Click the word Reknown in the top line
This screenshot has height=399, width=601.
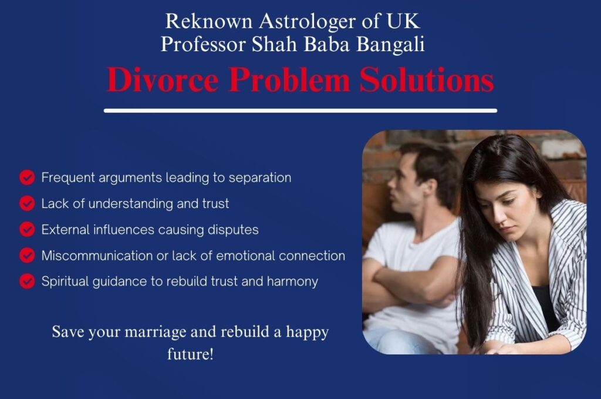[209, 21]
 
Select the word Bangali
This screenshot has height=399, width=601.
[390, 44]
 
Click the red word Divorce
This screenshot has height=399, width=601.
[163, 80]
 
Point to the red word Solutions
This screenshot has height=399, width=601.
[427, 80]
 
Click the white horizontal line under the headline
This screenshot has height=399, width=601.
[300, 110]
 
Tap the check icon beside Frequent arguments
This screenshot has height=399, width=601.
[27, 177]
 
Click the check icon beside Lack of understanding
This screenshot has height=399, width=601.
[27, 203]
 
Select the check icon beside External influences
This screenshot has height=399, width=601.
[27, 229]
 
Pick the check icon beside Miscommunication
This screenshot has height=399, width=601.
[27, 255]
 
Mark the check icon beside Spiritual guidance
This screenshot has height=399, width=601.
[27, 281]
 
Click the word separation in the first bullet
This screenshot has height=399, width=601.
[260, 178]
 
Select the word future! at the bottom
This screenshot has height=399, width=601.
[190, 354]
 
